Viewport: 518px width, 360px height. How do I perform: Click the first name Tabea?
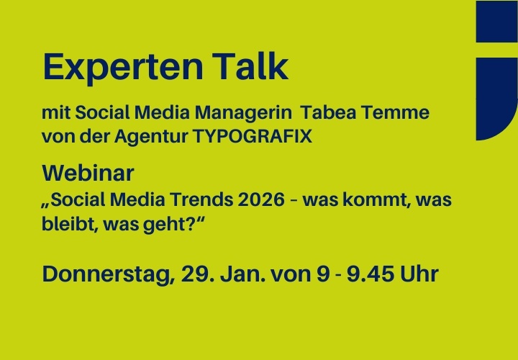click(x=331, y=114)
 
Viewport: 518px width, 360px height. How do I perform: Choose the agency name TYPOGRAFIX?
click(x=253, y=136)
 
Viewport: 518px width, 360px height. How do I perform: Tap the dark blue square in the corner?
click(x=496, y=22)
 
